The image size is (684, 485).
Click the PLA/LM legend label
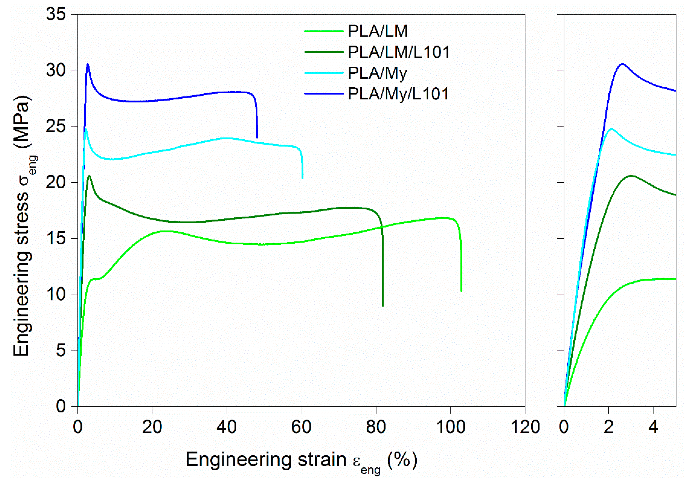click(377, 31)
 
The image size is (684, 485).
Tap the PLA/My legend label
click(377, 73)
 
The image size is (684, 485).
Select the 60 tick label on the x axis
click(301, 427)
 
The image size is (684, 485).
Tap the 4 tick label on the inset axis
click(653, 427)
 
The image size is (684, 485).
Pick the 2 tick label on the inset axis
click(608, 427)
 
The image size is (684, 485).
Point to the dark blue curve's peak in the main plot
click(88, 64)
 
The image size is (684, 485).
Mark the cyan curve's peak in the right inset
click(612, 129)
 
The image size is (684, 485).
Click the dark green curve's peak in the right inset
click(631, 176)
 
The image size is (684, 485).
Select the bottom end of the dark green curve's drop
click(383, 306)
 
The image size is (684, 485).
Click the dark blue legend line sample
click(324, 94)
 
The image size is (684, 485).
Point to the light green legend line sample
click(324, 31)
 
